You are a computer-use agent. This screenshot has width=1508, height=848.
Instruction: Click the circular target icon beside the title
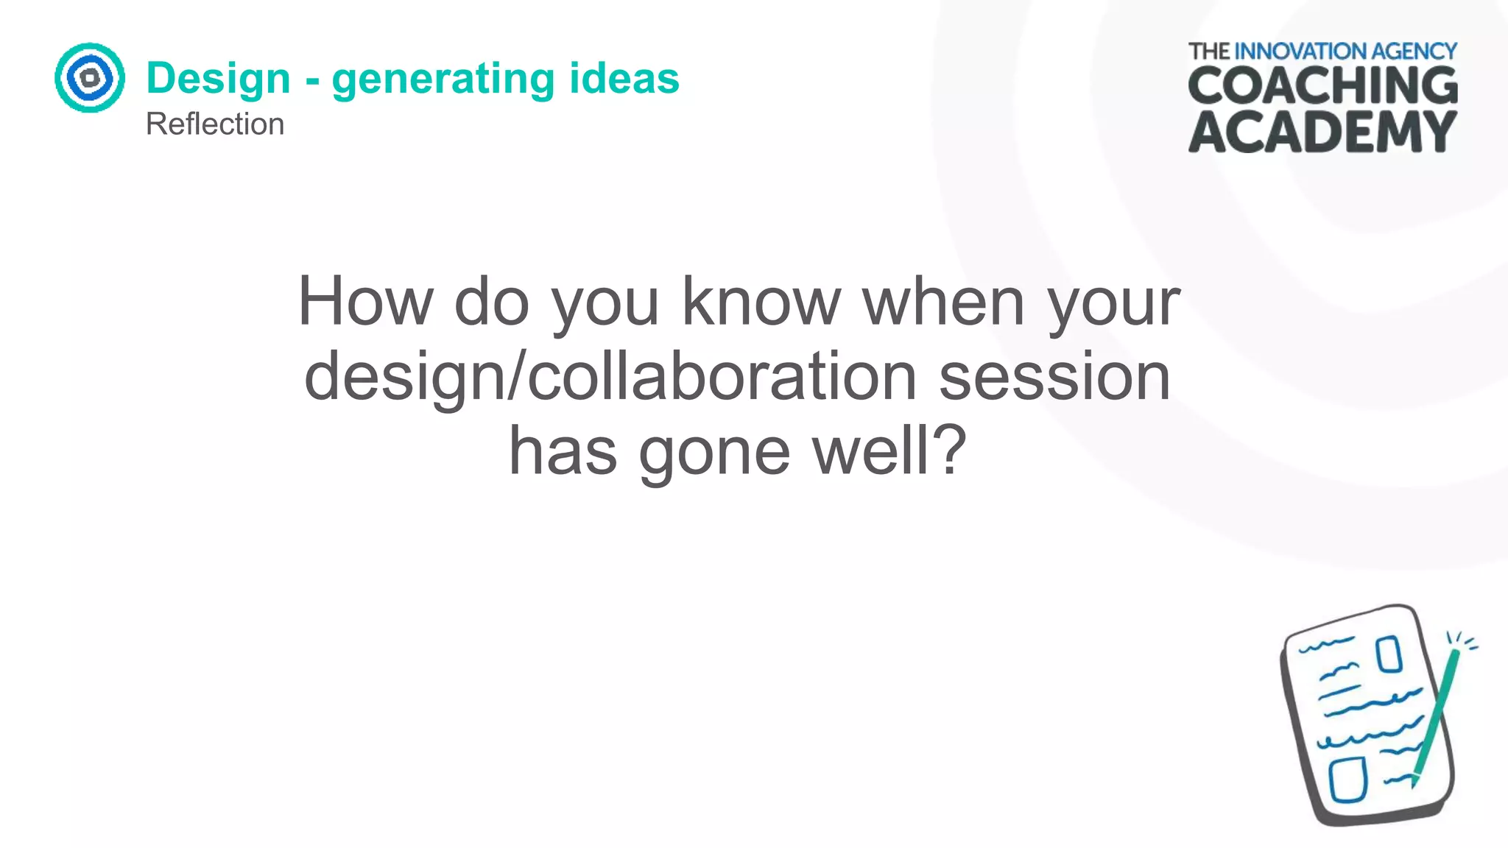(x=90, y=78)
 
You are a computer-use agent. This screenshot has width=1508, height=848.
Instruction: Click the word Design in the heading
(x=219, y=79)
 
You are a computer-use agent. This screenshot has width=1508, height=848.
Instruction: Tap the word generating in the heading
(x=443, y=79)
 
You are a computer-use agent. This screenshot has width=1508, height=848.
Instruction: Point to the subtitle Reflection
(x=214, y=124)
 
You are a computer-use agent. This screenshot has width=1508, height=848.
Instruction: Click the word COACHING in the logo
(x=1322, y=85)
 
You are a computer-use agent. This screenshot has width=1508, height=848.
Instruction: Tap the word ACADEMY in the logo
(x=1322, y=132)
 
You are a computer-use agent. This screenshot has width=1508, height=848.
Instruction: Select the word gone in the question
(x=714, y=451)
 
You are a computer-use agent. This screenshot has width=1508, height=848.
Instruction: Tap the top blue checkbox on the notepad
(x=1389, y=654)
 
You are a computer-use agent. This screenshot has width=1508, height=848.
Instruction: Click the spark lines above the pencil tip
(x=1462, y=640)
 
